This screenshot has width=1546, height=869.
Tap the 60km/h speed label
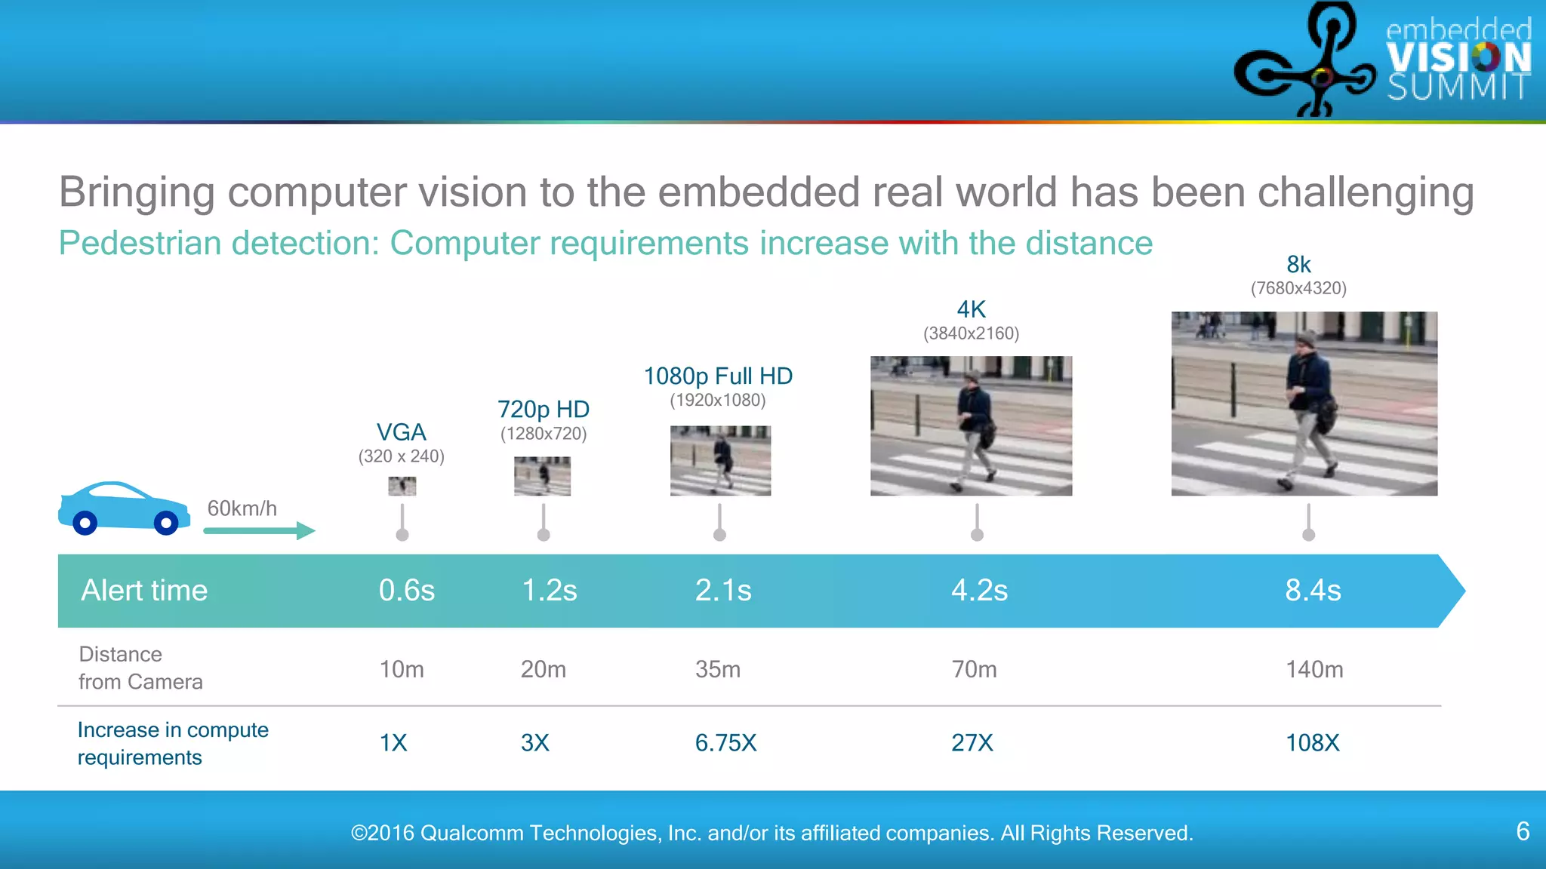[242, 508]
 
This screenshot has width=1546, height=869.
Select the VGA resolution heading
[402, 432]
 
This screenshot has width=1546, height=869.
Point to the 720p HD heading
[543, 410]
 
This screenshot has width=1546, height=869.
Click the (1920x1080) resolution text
[718, 401]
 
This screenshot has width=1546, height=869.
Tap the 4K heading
[971, 309]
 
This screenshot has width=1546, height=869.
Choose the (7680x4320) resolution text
[1298, 288]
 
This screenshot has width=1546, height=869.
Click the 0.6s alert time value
[406, 590]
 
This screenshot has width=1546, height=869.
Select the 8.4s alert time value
[1313, 590]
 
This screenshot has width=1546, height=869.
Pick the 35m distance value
[717, 669]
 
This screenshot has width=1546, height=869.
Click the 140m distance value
[1314, 669]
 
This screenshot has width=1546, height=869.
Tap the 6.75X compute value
[725, 743]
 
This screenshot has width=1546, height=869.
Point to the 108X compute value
[1312, 743]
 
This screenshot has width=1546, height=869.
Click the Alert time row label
[144, 590]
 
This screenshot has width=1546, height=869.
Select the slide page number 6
[1523, 831]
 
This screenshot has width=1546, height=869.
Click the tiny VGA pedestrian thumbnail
[402, 486]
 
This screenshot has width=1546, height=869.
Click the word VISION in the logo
[1458, 57]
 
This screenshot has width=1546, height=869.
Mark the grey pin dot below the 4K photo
[977, 535]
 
